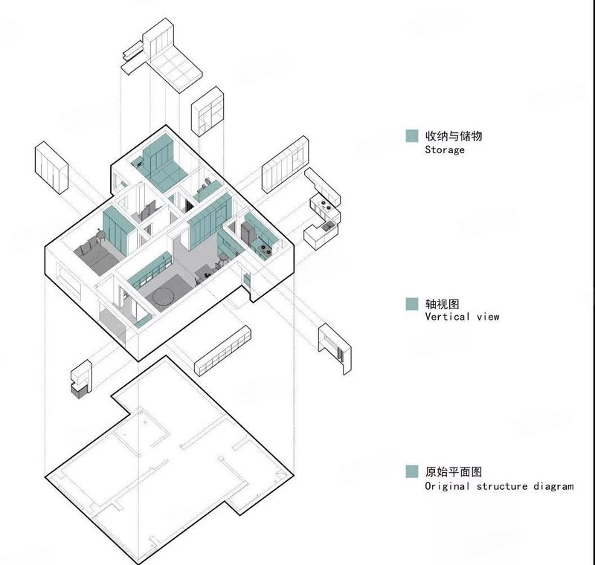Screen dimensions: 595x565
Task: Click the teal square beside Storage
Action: pos(412,136)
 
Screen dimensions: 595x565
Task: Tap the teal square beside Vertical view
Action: pos(412,304)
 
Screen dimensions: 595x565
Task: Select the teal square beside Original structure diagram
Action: pos(412,471)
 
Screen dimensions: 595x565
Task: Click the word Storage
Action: pos(445,149)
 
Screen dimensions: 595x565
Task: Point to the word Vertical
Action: pos(448,317)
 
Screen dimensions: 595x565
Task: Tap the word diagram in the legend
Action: pos(553,486)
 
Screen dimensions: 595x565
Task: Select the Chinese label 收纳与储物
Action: pos(454,136)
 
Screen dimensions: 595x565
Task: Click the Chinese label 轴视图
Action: pos(442,304)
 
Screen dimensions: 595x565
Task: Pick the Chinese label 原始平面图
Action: pos(454,472)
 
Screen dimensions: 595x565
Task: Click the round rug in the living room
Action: pos(164,296)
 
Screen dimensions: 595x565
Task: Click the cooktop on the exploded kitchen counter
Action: pos(325,205)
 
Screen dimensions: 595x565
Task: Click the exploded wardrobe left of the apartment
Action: pos(51,168)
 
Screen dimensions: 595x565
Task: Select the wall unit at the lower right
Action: pos(335,349)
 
